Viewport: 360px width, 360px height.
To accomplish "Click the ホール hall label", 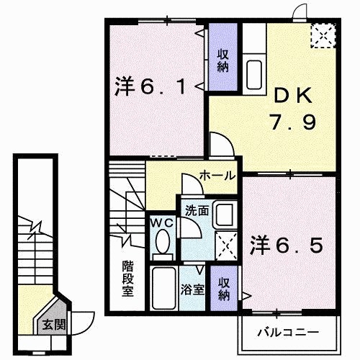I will coord(215,176).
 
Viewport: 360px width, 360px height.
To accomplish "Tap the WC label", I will coord(163,224).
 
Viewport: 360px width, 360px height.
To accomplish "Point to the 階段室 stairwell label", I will coord(128,279).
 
